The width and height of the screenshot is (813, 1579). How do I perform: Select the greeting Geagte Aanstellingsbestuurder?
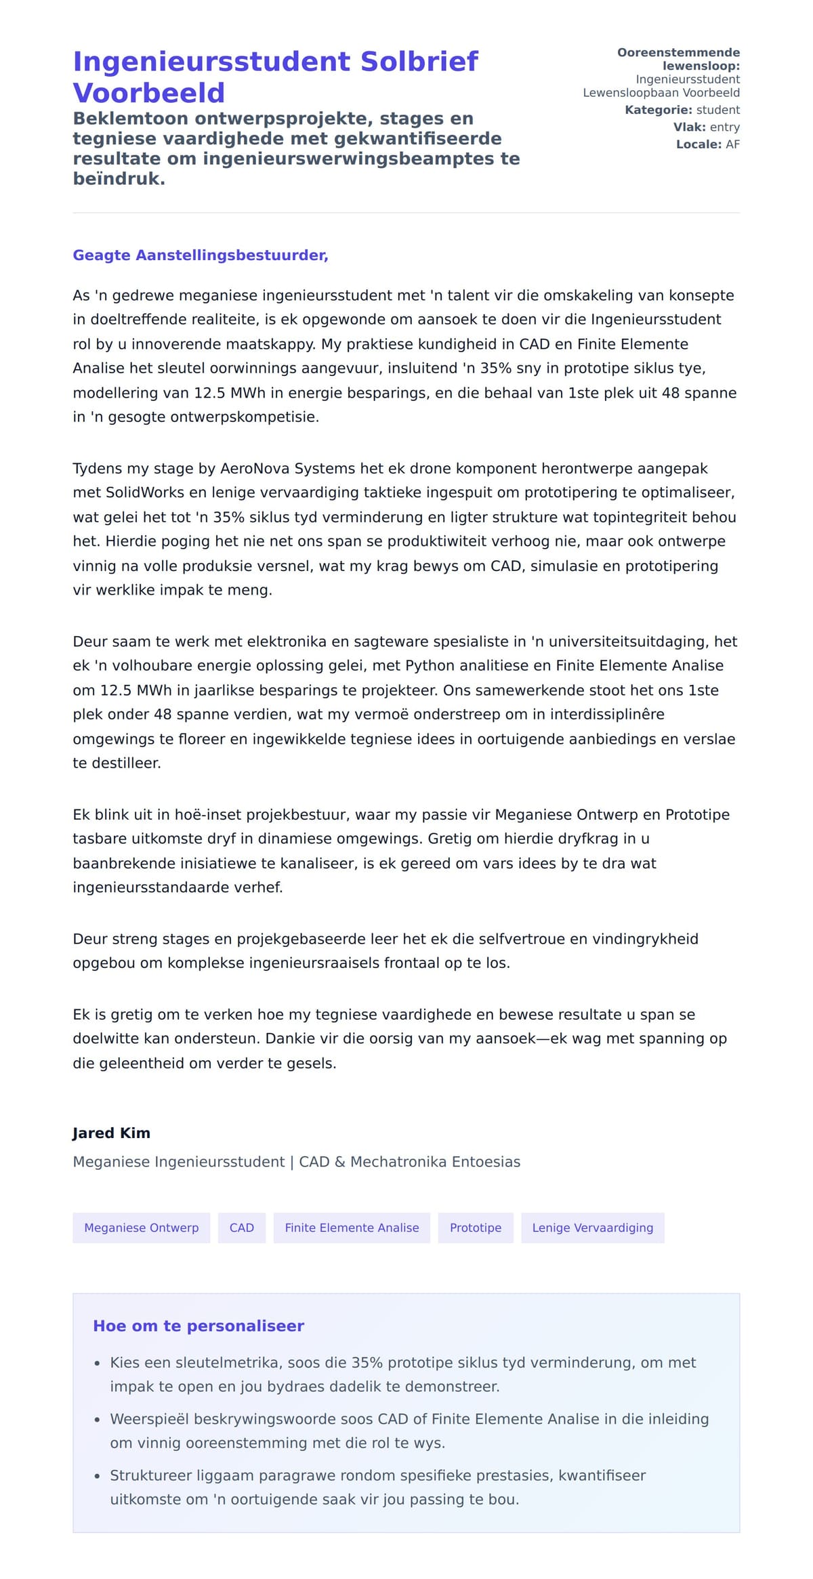coord(201,255)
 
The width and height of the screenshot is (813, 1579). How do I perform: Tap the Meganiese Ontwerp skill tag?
coord(142,1227)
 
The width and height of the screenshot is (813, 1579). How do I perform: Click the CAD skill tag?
coord(242,1227)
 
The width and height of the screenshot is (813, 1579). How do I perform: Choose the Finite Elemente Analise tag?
coord(352,1227)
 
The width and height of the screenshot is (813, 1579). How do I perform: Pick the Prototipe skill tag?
coord(476,1227)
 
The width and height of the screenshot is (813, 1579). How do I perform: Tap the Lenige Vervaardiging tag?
coord(593,1227)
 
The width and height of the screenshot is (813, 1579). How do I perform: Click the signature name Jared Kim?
coord(111,1133)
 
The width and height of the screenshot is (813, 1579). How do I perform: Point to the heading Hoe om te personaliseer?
coord(199,1326)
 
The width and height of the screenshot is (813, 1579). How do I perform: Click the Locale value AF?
coord(732,144)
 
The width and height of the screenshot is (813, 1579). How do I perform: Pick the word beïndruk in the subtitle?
coord(119,179)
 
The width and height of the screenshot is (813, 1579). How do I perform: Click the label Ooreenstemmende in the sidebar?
coord(678,52)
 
